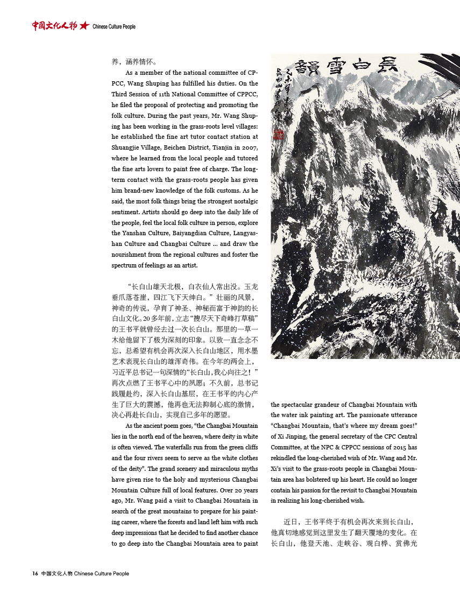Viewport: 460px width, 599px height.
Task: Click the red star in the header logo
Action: [83, 25]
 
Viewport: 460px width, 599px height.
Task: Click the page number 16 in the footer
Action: [35, 574]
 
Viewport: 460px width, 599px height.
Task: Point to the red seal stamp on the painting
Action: [279, 135]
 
